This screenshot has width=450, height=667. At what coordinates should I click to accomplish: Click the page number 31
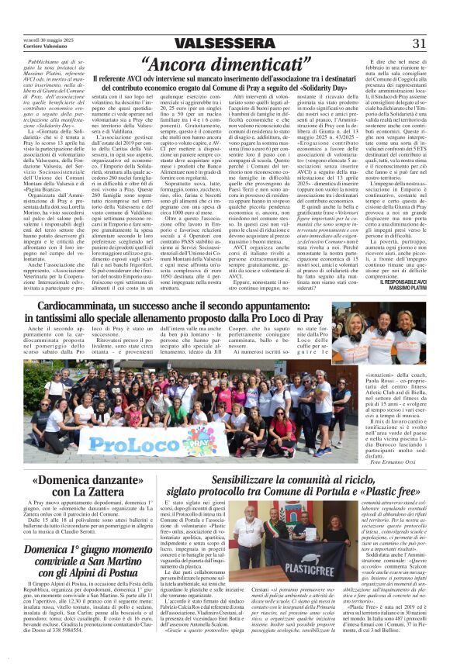tap(420, 43)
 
